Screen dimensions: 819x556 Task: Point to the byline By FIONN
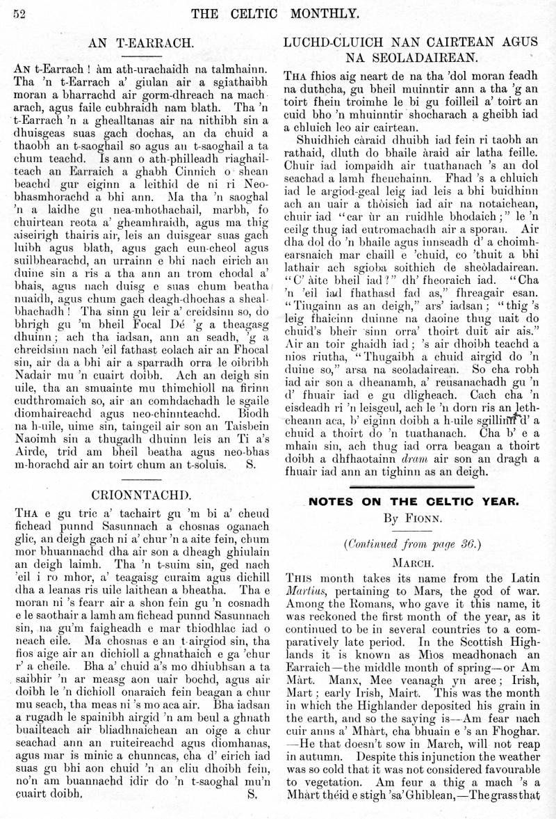tap(419, 518)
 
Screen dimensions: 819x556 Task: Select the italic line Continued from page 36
tap(418, 543)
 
